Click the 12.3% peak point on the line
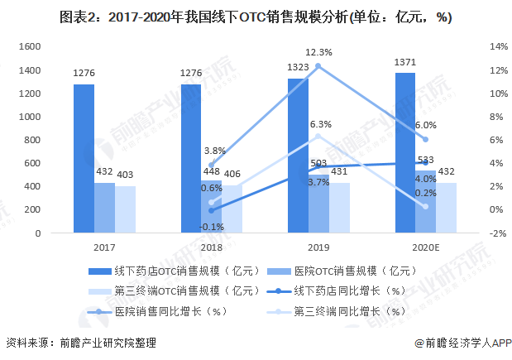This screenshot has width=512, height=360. pos(318,66)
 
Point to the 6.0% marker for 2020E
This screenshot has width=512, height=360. pos(425,139)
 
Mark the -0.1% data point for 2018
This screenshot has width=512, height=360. pos(211,210)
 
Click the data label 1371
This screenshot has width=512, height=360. pos(404,64)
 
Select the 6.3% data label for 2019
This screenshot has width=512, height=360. pos(320,124)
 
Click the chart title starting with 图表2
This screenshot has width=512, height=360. pos(256,17)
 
